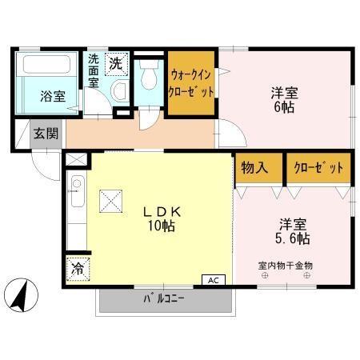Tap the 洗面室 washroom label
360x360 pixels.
pyautogui.click(x=94, y=70)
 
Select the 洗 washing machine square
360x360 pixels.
pyautogui.click(x=116, y=63)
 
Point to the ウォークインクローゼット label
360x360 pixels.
pyautogui.click(x=191, y=82)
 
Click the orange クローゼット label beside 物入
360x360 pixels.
pyautogui.click(x=318, y=169)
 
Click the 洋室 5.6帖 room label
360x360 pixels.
pyautogui.click(x=293, y=231)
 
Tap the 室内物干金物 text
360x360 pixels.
pyautogui.click(x=285, y=265)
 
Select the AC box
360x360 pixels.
pyautogui.click(x=214, y=281)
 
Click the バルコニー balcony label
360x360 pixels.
pyautogui.click(x=164, y=300)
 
